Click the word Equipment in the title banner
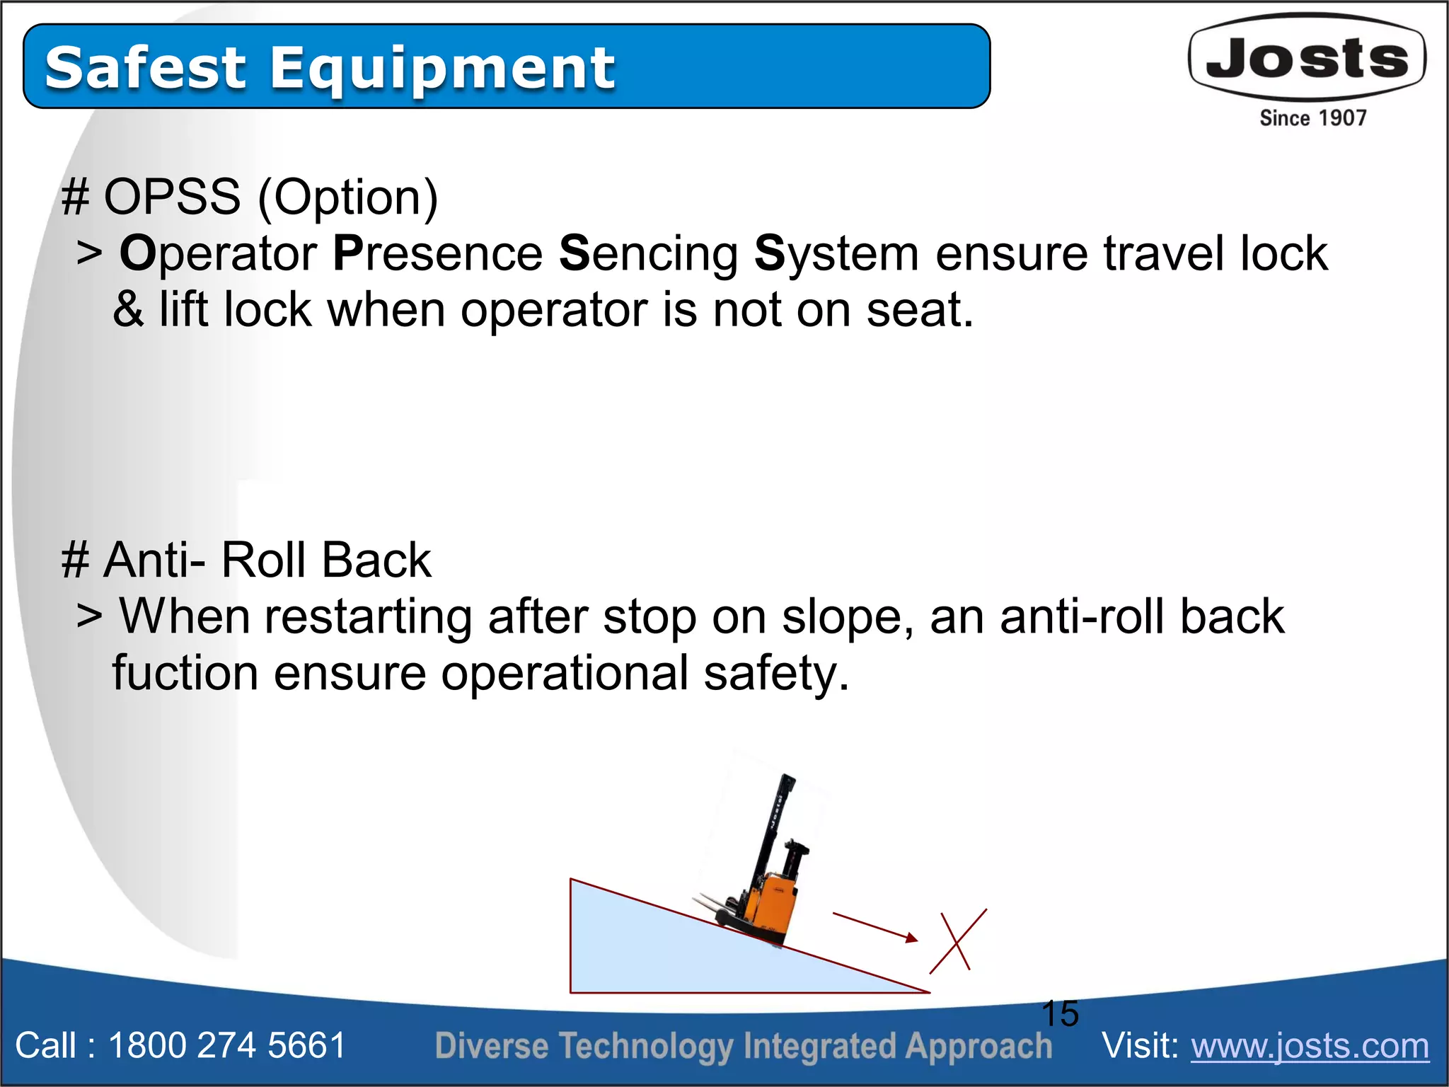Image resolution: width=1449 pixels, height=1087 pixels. click(442, 69)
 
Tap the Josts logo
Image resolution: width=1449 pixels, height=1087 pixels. click(1307, 58)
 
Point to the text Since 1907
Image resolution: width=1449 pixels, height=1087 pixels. click(1312, 117)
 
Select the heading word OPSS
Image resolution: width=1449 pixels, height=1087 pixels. click(172, 197)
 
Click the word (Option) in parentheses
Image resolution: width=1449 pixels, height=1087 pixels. click(348, 198)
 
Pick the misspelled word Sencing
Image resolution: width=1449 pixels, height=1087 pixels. click(648, 254)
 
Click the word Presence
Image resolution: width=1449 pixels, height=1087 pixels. click(437, 253)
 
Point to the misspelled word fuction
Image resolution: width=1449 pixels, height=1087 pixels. click(185, 673)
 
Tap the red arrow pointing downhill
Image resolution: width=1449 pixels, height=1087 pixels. click(875, 927)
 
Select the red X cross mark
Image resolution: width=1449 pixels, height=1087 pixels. click(958, 941)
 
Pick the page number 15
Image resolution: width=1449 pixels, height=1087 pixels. click(1060, 1013)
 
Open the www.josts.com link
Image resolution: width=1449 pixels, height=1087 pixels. click(1310, 1046)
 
